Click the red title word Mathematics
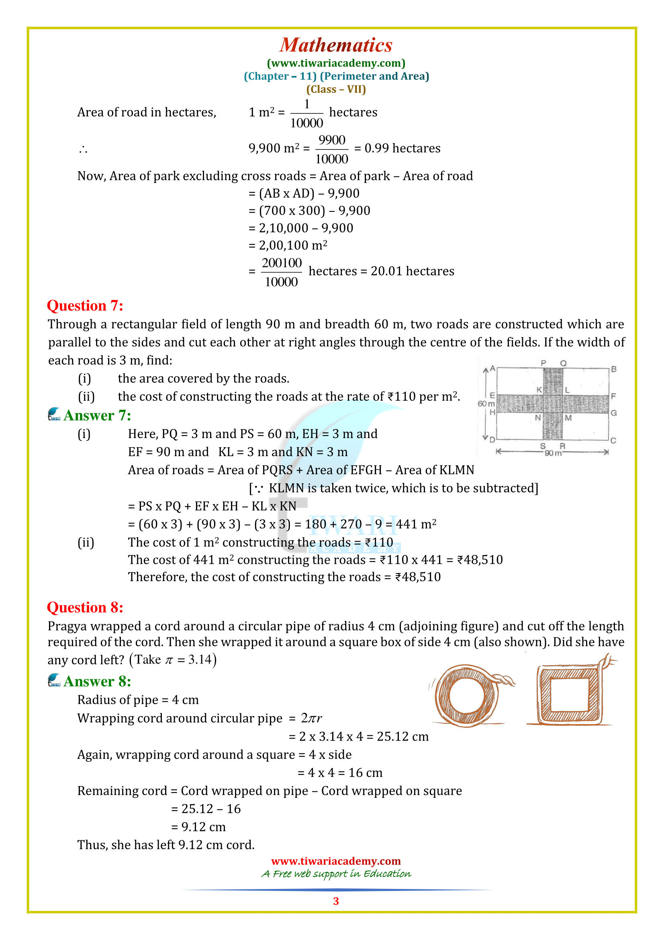click(335, 45)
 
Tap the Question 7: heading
click(85, 306)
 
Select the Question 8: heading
click(85, 608)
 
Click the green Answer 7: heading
click(97, 416)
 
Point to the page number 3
click(336, 901)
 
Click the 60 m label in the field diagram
click(486, 403)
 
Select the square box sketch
click(569, 694)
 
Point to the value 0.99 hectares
click(402, 148)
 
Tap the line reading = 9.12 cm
click(198, 827)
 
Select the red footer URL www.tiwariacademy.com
click(336, 861)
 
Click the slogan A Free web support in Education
click(336, 874)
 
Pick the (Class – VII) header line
click(336, 89)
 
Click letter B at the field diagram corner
click(613, 369)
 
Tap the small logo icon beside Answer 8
click(54, 680)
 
